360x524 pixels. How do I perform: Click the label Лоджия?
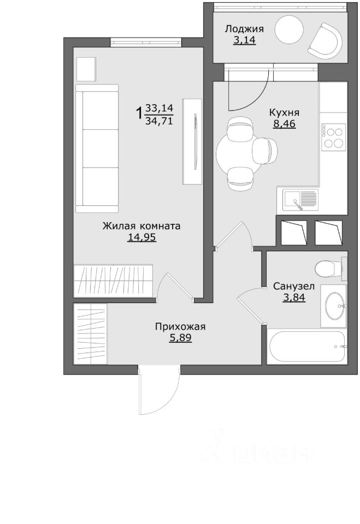pyautogui.click(x=244, y=29)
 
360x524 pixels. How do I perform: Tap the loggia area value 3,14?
pyautogui.click(x=244, y=40)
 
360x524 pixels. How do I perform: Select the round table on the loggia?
pyautogui.click(x=289, y=29)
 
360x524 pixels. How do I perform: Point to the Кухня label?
pyautogui.click(x=284, y=112)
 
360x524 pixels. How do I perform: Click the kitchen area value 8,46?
pyautogui.click(x=285, y=124)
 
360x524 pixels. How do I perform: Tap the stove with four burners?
pyautogui.click(x=333, y=136)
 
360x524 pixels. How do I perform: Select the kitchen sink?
pyautogui.click(x=300, y=200)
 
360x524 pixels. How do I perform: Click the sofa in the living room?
pyautogui.click(x=97, y=148)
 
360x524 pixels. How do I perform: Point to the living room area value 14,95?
pyautogui.click(x=141, y=237)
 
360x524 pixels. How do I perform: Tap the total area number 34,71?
pyautogui.click(x=160, y=121)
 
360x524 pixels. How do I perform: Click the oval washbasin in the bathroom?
pyautogui.click(x=334, y=306)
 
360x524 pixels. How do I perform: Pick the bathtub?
pyautogui.click(x=306, y=347)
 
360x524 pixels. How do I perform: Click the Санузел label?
pyautogui.click(x=294, y=287)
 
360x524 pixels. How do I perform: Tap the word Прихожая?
pyautogui.click(x=180, y=327)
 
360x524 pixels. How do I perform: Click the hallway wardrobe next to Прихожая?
pyautogui.click(x=90, y=334)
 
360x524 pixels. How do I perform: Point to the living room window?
pyautogui.click(x=146, y=43)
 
